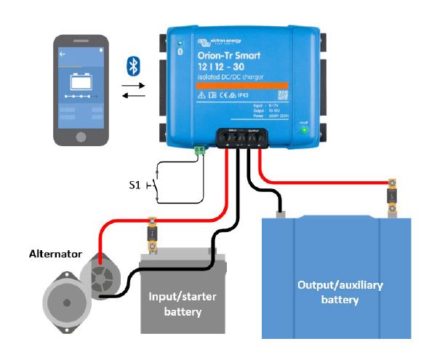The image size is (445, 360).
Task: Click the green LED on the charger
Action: [305, 132]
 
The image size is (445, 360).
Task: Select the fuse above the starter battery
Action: [153, 233]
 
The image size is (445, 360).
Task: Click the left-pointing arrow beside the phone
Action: [133, 95]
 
